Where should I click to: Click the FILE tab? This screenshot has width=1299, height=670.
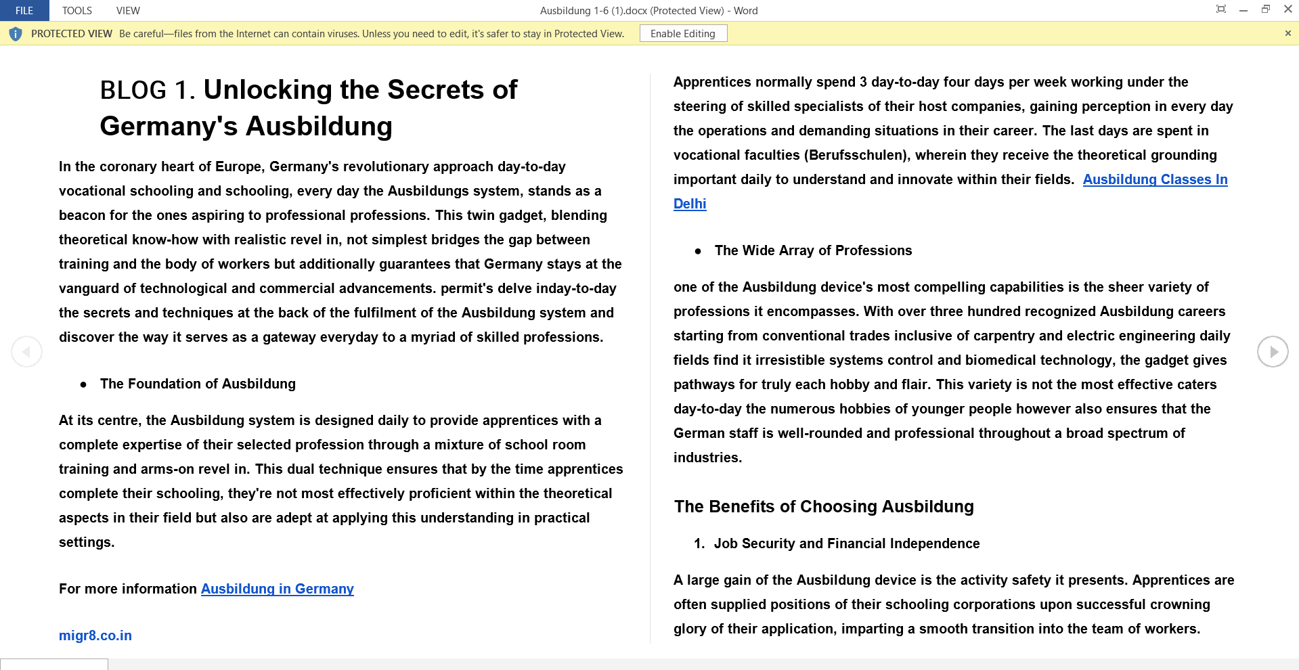click(24, 10)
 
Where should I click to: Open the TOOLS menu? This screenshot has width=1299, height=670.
click(77, 10)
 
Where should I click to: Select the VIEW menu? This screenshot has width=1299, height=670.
click(128, 10)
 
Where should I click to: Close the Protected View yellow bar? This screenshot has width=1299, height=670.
click(1287, 33)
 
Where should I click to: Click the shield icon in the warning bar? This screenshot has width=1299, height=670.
click(16, 34)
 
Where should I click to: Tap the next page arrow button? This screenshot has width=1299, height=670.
click(1273, 352)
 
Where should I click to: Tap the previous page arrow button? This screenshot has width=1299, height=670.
click(27, 352)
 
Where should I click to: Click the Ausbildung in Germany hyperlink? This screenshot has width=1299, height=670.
click(277, 589)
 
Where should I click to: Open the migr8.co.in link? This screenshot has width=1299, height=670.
click(95, 635)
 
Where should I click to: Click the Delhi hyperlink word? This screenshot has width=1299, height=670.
click(690, 204)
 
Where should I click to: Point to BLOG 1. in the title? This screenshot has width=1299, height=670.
click(147, 90)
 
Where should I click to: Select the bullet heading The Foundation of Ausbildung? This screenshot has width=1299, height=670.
click(198, 384)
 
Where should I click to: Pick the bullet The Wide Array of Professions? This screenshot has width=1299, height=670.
click(813, 250)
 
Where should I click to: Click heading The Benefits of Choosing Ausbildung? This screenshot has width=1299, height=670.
click(824, 506)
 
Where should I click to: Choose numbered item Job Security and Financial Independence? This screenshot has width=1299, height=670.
click(846, 543)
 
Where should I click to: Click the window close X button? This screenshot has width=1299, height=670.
click(1287, 9)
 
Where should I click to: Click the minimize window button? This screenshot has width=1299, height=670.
click(1243, 9)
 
